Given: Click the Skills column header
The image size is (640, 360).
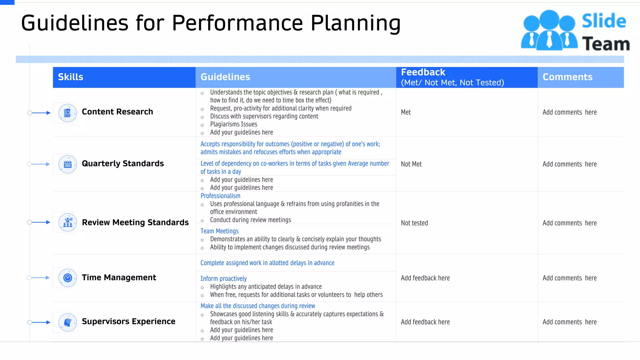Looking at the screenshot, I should click(x=71, y=77).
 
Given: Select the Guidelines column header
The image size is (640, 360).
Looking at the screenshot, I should click(x=225, y=77).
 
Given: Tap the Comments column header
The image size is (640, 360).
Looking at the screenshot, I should click(x=567, y=77).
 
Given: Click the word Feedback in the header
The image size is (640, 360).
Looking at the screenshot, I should click(x=423, y=72).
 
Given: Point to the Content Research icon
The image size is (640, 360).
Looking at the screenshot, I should click(x=67, y=113).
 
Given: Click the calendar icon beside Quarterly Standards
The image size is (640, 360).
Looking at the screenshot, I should click(x=67, y=164).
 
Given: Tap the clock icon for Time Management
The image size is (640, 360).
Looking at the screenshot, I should click(x=67, y=278).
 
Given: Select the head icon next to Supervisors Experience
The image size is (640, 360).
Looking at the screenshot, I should click(x=67, y=322).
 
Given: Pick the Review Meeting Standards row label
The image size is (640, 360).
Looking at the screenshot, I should click(x=135, y=222).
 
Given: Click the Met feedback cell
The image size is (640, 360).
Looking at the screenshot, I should click(x=406, y=112).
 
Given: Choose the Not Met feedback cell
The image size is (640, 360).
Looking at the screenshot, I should click(x=411, y=164).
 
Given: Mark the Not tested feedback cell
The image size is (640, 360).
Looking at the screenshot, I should click(x=414, y=223).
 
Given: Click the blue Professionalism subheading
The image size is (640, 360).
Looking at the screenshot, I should click(x=220, y=196).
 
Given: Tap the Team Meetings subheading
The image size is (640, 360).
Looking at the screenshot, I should click(x=219, y=231).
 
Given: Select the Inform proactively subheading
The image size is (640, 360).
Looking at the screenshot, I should click(x=223, y=279).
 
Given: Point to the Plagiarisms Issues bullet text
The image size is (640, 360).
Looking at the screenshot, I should click(x=233, y=124).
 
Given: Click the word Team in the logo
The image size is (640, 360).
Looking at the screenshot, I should click(x=606, y=44).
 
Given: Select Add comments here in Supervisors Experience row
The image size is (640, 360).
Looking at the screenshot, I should click(x=569, y=322).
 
